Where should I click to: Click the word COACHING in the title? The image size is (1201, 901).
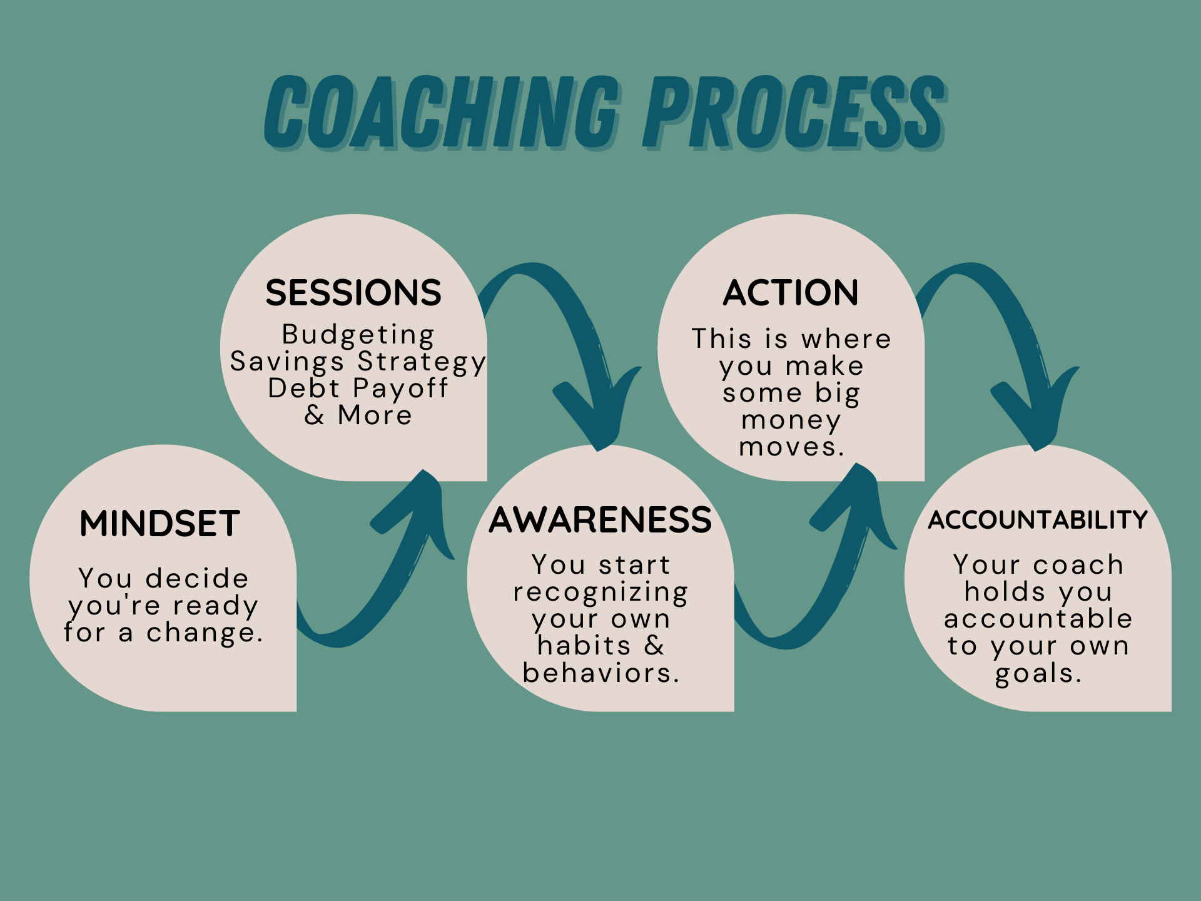441,113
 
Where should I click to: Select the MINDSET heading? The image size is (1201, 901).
160,524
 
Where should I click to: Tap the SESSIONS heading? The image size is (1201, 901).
353,293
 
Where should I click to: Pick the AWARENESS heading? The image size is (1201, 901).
600,520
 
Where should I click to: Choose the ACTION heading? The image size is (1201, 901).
791,293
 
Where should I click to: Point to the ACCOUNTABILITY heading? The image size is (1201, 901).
1038,520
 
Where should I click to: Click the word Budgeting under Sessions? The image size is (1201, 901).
358,335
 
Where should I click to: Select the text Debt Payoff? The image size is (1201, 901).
358,389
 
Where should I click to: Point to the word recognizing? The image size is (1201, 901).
600,593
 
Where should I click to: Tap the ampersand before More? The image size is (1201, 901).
315,415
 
